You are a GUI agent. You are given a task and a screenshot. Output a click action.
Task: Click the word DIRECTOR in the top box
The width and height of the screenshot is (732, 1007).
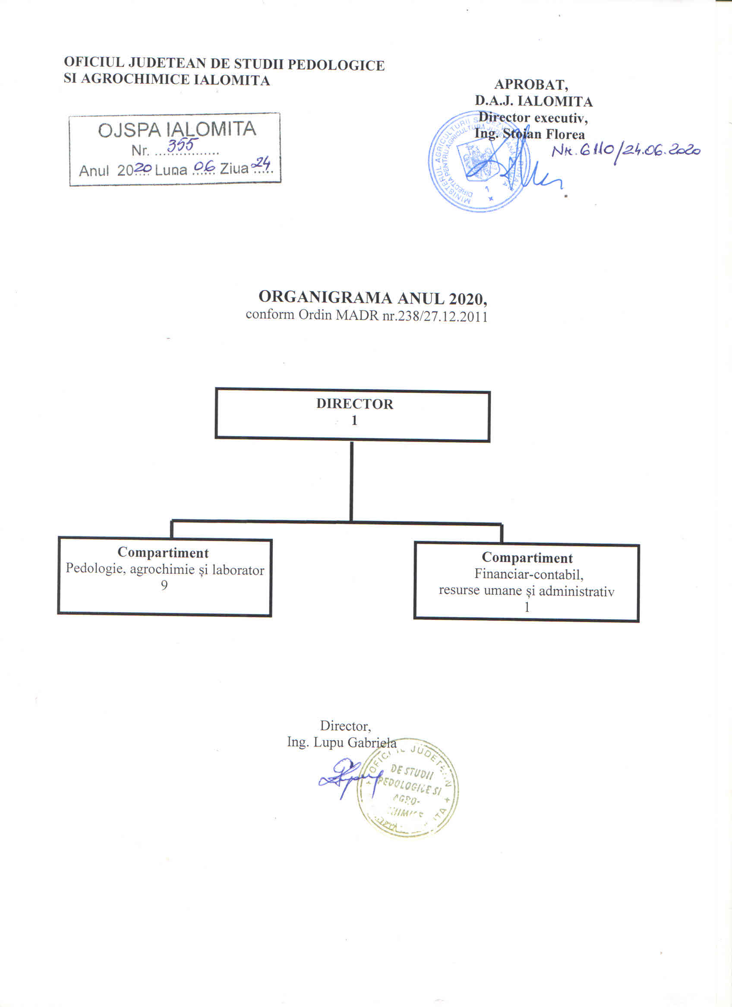click(354, 404)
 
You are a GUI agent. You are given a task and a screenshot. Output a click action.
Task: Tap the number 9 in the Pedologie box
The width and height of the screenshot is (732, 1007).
click(164, 585)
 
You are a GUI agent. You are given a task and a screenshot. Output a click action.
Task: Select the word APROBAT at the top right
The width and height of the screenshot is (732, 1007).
click(531, 84)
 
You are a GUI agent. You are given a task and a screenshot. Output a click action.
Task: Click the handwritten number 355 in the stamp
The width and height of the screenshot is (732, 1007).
click(180, 145)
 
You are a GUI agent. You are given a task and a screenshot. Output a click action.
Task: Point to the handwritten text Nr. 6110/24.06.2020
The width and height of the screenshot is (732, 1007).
click(626, 151)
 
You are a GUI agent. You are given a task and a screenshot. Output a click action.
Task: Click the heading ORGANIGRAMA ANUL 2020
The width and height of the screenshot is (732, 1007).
click(372, 297)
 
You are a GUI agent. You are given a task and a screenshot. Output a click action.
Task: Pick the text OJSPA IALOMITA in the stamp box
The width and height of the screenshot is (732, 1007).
click(177, 130)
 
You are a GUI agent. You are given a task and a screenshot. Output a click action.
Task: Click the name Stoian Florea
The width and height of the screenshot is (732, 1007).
click(543, 134)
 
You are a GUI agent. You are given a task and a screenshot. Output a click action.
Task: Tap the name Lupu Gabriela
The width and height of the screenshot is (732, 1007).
click(355, 742)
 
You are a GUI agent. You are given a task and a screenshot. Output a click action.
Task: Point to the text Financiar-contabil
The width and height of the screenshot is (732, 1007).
click(528, 574)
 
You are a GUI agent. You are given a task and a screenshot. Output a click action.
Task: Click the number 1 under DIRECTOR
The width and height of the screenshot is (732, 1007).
click(354, 420)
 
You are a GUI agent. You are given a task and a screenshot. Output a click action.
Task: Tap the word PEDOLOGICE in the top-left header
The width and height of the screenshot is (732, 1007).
click(335, 65)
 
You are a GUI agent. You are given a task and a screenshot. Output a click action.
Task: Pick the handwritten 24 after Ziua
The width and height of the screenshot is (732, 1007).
click(261, 164)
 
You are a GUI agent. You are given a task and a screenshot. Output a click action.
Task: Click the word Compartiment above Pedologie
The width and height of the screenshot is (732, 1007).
click(163, 552)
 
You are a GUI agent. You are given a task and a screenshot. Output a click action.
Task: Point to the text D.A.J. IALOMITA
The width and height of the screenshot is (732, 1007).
click(533, 101)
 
